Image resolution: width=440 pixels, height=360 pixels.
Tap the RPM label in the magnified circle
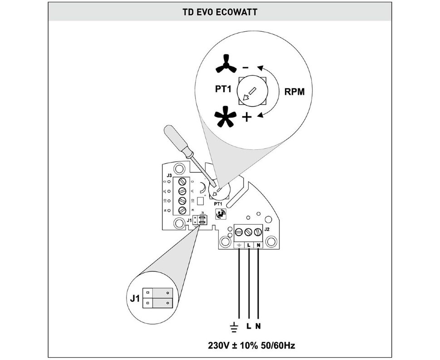[294, 91]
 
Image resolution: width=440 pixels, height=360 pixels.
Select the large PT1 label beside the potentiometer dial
[224, 89]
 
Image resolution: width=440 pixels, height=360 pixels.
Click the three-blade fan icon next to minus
[225, 67]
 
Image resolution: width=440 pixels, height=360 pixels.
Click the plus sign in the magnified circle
[246, 118]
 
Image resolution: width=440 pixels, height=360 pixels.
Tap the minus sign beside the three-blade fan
[245, 68]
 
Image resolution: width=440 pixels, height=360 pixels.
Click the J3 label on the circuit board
[169, 175]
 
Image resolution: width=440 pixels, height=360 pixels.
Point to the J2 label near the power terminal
[267, 229]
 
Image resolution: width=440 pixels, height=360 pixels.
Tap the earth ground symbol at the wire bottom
[235, 326]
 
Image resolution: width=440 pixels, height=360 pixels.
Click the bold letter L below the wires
[249, 326]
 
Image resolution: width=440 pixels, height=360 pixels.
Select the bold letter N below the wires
[259, 326]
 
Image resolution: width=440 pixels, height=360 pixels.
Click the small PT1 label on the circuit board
[218, 204]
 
